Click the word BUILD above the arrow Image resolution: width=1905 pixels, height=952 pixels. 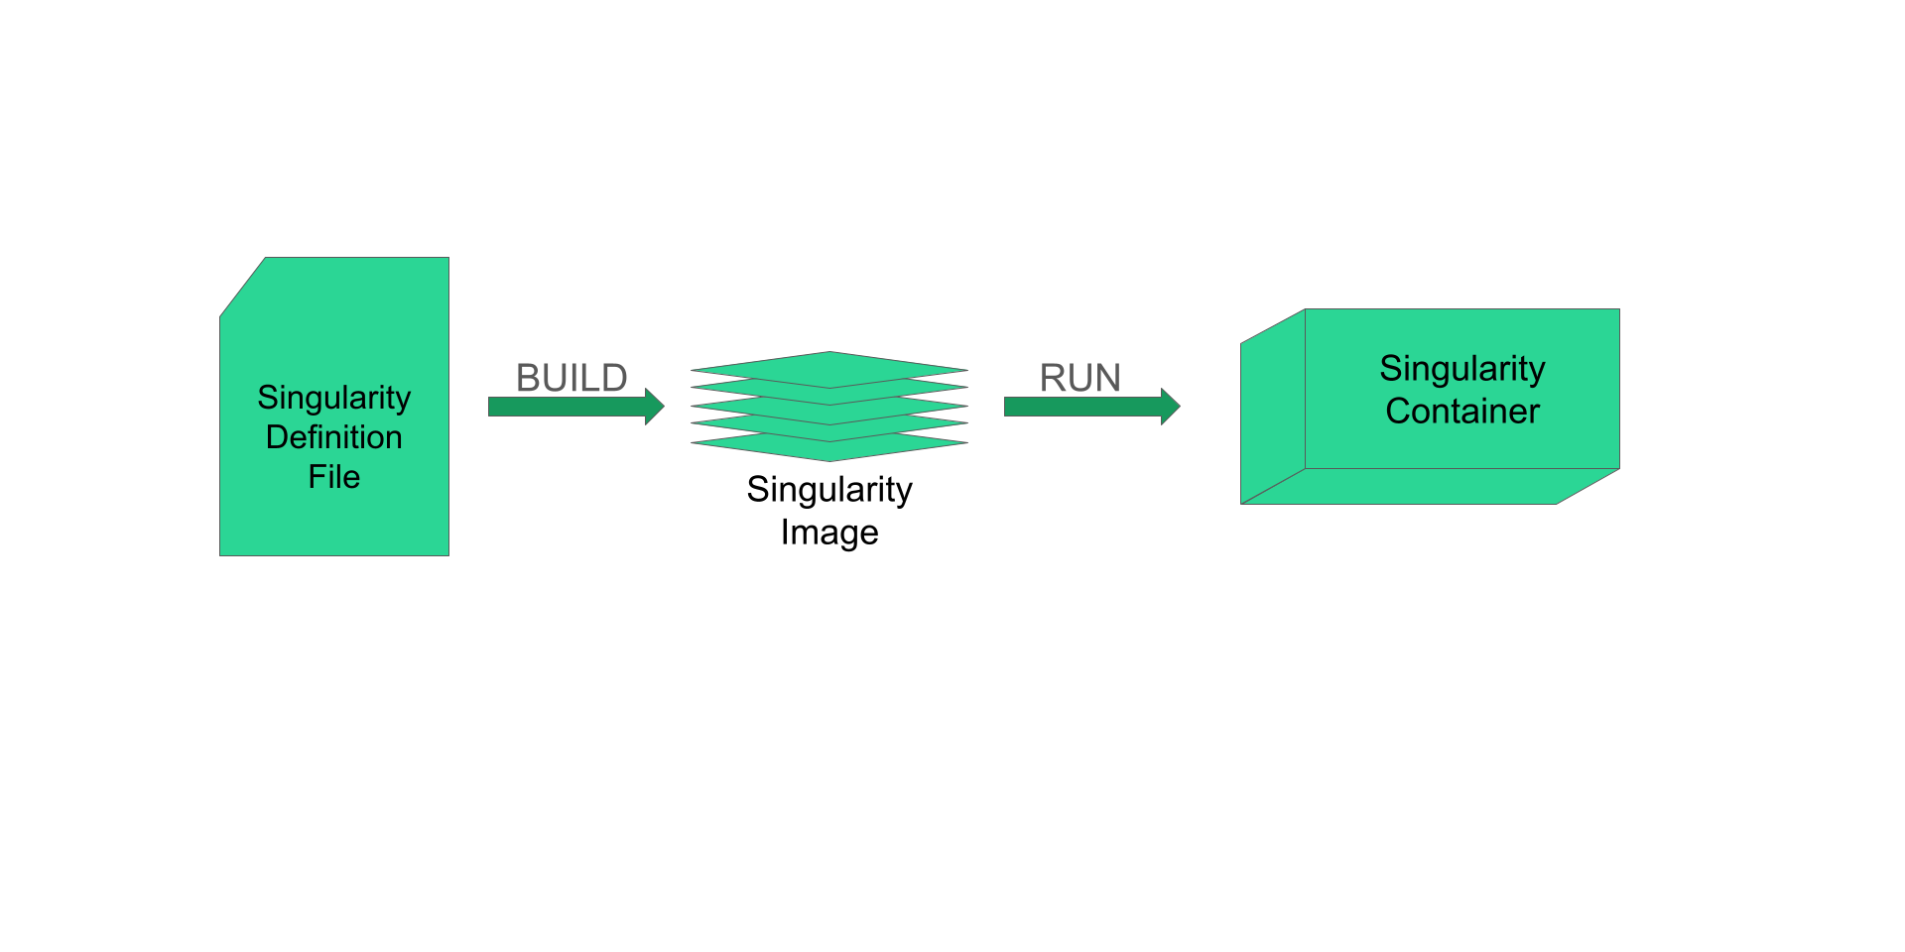pyautogui.click(x=571, y=378)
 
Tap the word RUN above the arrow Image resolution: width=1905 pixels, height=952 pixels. pyautogui.click(x=1079, y=378)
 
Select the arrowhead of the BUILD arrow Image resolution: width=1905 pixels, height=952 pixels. pyautogui.click(x=654, y=406)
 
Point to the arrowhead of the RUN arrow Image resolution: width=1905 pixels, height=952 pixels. pyautogui.click(x=1170, y=406)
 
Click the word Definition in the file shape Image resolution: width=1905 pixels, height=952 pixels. pyautogui.click(x=333, y=437)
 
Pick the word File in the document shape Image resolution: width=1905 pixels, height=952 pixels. pyautogui.click(x=333, y=477)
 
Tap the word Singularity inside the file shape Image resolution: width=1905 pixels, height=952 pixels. pyautogui.click(x=333, y=398)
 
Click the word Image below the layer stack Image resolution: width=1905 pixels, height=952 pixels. pyautogui.click(x=828, y=533)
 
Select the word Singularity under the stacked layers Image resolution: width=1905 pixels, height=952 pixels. pyautogui.click(x=828, y=490)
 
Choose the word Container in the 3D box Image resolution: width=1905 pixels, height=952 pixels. pyautogui.click(x=1461, y=412)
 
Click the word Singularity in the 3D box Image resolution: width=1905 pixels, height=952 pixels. pyautogui.click(x=1461, y=369)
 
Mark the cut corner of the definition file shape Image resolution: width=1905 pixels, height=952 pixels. pyautogui.click(x=242, y=288)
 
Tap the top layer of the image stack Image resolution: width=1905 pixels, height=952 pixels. pyautogui.click(x=829, y=368)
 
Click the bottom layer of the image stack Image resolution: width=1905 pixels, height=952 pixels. pyautogui.click(x=829, y=449)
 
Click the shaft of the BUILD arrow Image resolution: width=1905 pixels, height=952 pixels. pyautogui.click(x=566, y=407)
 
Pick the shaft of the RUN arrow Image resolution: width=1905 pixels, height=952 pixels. pyautogui.click(x=1081, y=407)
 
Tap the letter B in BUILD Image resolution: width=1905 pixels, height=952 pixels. pyautogui.click(x=527, y=378)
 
